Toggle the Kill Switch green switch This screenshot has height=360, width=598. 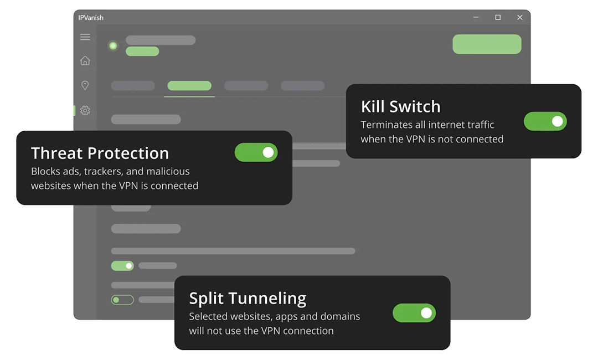(x=545, y=121)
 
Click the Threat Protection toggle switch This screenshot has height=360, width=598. (x=256, y=152)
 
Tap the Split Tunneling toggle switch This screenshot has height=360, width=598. (x=414, y=313)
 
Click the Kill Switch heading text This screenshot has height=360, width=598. (x=400, y=106)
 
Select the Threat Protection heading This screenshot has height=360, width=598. (x=100, y=153)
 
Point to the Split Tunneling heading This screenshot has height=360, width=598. (x=248, y=299)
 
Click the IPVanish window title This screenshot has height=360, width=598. (x=91, y=18)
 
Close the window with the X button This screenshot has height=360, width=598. (x=519, y=18)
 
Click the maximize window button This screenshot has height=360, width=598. (x=498, y=18)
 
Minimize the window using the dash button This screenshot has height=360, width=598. (x=476, y=18)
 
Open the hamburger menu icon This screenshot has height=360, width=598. (x=85, y=37)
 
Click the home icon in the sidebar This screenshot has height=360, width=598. (x=85, y=61)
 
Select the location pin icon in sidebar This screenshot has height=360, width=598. (x=85, y=85)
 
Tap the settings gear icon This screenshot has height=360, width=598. (x=85, y=111)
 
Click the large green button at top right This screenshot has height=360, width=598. (x=487, y=44)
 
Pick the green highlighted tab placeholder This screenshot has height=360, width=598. (x=189, y=86)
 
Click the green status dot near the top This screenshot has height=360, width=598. (x=113, y=45)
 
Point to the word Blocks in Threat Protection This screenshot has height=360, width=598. (x=45, y=171)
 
